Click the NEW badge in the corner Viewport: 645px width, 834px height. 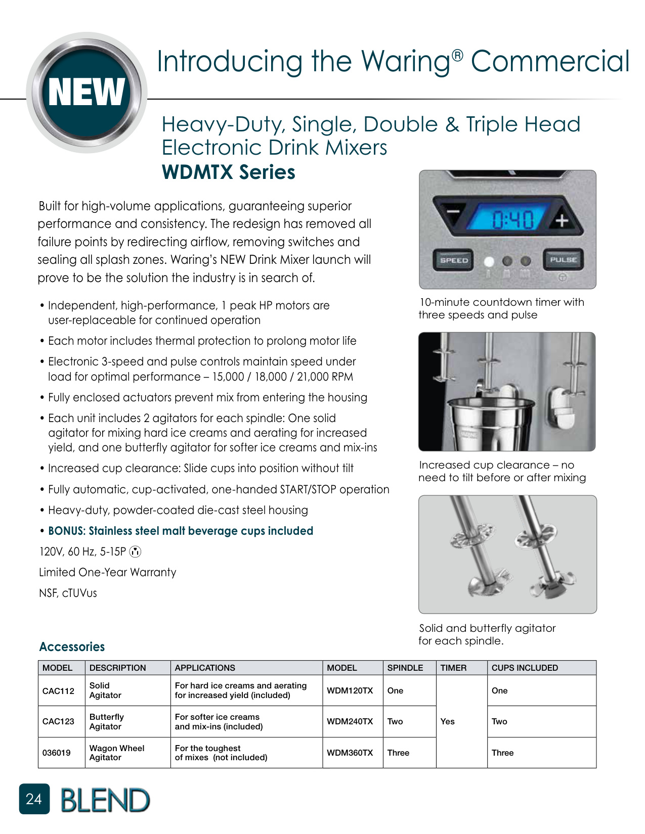point(87,92)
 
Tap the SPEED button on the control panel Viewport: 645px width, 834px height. point(454,260)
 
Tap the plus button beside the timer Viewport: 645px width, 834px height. point(562,220)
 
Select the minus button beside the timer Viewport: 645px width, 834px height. point(452,212)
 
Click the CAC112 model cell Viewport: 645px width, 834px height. point(58,691)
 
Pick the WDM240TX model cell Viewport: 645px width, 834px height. point(350,722)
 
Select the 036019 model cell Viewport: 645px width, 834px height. point(57,753)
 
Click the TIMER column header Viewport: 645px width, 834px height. point(453,668)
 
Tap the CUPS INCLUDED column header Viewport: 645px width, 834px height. point(525,668)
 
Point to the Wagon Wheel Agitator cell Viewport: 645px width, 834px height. point(117,753)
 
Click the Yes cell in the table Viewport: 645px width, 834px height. point(448,722)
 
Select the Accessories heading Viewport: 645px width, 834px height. point(72,647)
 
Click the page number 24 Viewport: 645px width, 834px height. point(34,799)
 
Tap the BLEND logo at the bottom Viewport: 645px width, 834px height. point(105,801)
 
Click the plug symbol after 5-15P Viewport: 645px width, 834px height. point(135,552)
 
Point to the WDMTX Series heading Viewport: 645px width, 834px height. point(229,172)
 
